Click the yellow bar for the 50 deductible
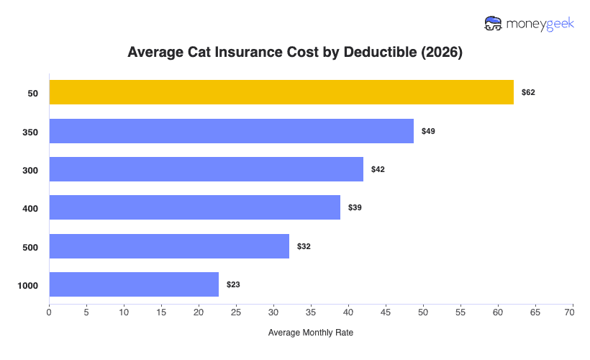coord(281,92)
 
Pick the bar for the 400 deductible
coord(195,207)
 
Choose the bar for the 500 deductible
coord(169,246)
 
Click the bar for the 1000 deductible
coord(134,284)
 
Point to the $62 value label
coord(528,93)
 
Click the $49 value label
coord(428,131)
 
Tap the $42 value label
coord(378,169)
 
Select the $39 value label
coord(355,207)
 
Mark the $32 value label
coord(304,246)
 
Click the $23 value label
coord(233,284)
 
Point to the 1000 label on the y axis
coord(27,285)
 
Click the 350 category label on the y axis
coord(30,132)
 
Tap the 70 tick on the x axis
coord(573,314)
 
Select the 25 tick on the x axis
coord(236,314)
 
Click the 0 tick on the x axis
coord(49,314)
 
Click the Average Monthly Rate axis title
coord(310,333)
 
